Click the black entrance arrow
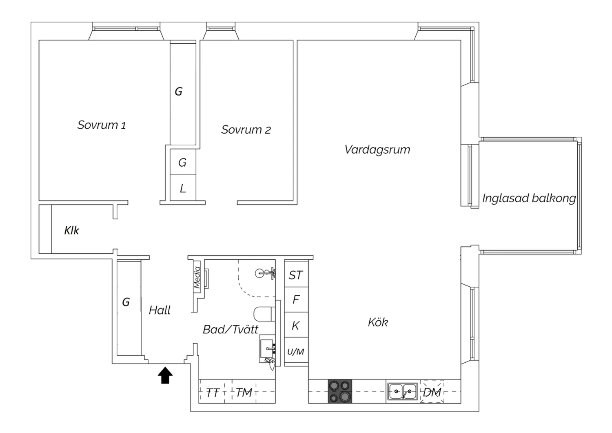point(165,375)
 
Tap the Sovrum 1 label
point(102,125)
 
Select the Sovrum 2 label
point(246,129)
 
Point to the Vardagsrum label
point(377,150)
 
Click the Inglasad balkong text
point(529,198)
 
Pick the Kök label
point(378,322)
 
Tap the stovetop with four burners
point(340,391)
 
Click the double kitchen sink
point(402,391)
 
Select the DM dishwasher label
point(432,393)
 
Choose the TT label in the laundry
point(213,393)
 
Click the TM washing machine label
point(244,393)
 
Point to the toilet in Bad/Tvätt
point(264,314)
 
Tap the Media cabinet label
point(197,277)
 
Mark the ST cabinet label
point(296,275)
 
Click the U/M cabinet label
point(296,351)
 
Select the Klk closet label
point(71,230)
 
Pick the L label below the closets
point(183,188)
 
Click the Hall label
point(160,310)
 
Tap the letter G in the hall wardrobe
point(126,302)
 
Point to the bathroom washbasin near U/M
point(266,348)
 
